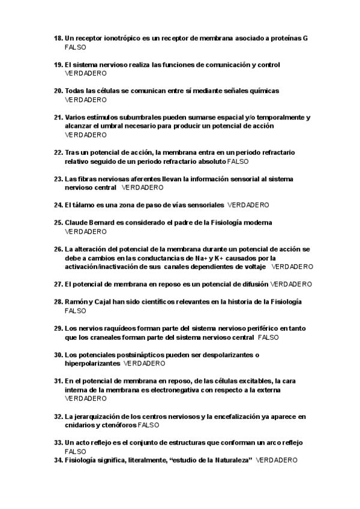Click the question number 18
pyautogui.click(x=58, y=38)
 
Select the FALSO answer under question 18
pyautogui.click(x=75, y=46)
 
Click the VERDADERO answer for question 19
pyautogui.click(x=86, y=73)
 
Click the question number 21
pyautogui.click(x=58, y=118)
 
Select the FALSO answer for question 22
pyautogui.click(x=238, y=161)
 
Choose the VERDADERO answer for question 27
pyautogui.click(x=291, y=284)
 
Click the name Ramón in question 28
pyautogui.click(x=76, y=301)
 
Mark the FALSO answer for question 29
pyautogui.click(x=268, y=337)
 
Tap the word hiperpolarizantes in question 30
pyautogui.click(x=92, y=363)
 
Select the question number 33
pyautogui.click(x=58, y=442)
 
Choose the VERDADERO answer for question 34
pyautogui.click(x=277, y=460)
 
